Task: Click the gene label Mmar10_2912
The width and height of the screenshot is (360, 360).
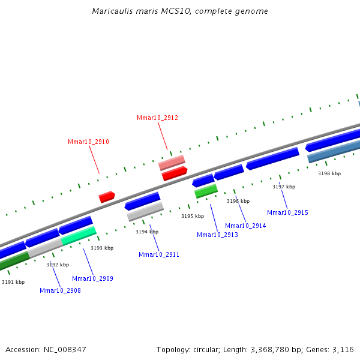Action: coord(157,118)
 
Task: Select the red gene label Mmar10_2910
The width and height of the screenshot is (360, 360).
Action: coord(88,142)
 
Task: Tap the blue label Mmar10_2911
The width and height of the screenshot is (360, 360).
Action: coord(159,254)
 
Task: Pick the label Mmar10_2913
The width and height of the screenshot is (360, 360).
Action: coord(217,235)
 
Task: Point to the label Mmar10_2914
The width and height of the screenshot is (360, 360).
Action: coord(245,226)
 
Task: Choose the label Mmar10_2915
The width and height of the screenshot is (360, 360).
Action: coord(287,212)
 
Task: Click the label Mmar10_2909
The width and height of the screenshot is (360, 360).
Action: coord(92,278)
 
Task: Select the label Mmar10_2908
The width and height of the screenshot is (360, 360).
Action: coord(60,290)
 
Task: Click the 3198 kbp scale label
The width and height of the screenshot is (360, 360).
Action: coord(329,173)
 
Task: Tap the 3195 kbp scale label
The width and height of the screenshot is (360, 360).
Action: coord(193,216)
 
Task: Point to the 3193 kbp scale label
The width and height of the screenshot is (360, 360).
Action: coord(102,248)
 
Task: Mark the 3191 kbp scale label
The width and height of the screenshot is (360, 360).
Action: coord(13,282)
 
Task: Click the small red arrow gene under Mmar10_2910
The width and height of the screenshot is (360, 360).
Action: coord(106,196)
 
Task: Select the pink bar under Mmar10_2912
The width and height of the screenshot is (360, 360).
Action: coord(172,162)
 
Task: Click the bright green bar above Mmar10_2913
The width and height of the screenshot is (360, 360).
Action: coord(206,191)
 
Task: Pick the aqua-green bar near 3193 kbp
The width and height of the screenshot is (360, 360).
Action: coord(79,235)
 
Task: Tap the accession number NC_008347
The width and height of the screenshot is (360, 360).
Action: coord(64,349)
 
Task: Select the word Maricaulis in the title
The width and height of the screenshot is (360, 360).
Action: coord(112,11)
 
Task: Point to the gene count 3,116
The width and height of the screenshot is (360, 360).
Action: coord(343,349)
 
